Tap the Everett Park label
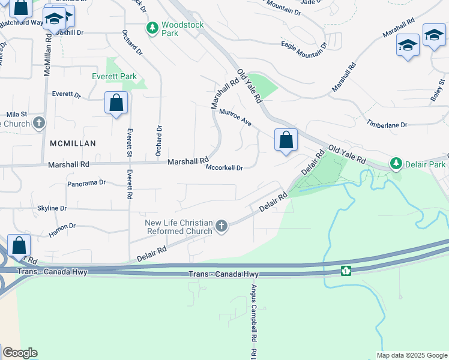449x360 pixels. pos(114,77)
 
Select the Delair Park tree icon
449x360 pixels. pos(396,164)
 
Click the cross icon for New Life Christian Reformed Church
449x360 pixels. pos(221,226)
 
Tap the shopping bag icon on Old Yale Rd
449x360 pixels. pos(286,140)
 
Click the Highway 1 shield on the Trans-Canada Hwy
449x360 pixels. pos(345,271)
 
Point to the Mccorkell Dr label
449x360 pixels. pos(224,168)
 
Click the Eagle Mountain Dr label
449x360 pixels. pos(304,44)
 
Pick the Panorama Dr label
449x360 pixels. pos(86,183)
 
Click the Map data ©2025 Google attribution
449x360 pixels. pos(411,355)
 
